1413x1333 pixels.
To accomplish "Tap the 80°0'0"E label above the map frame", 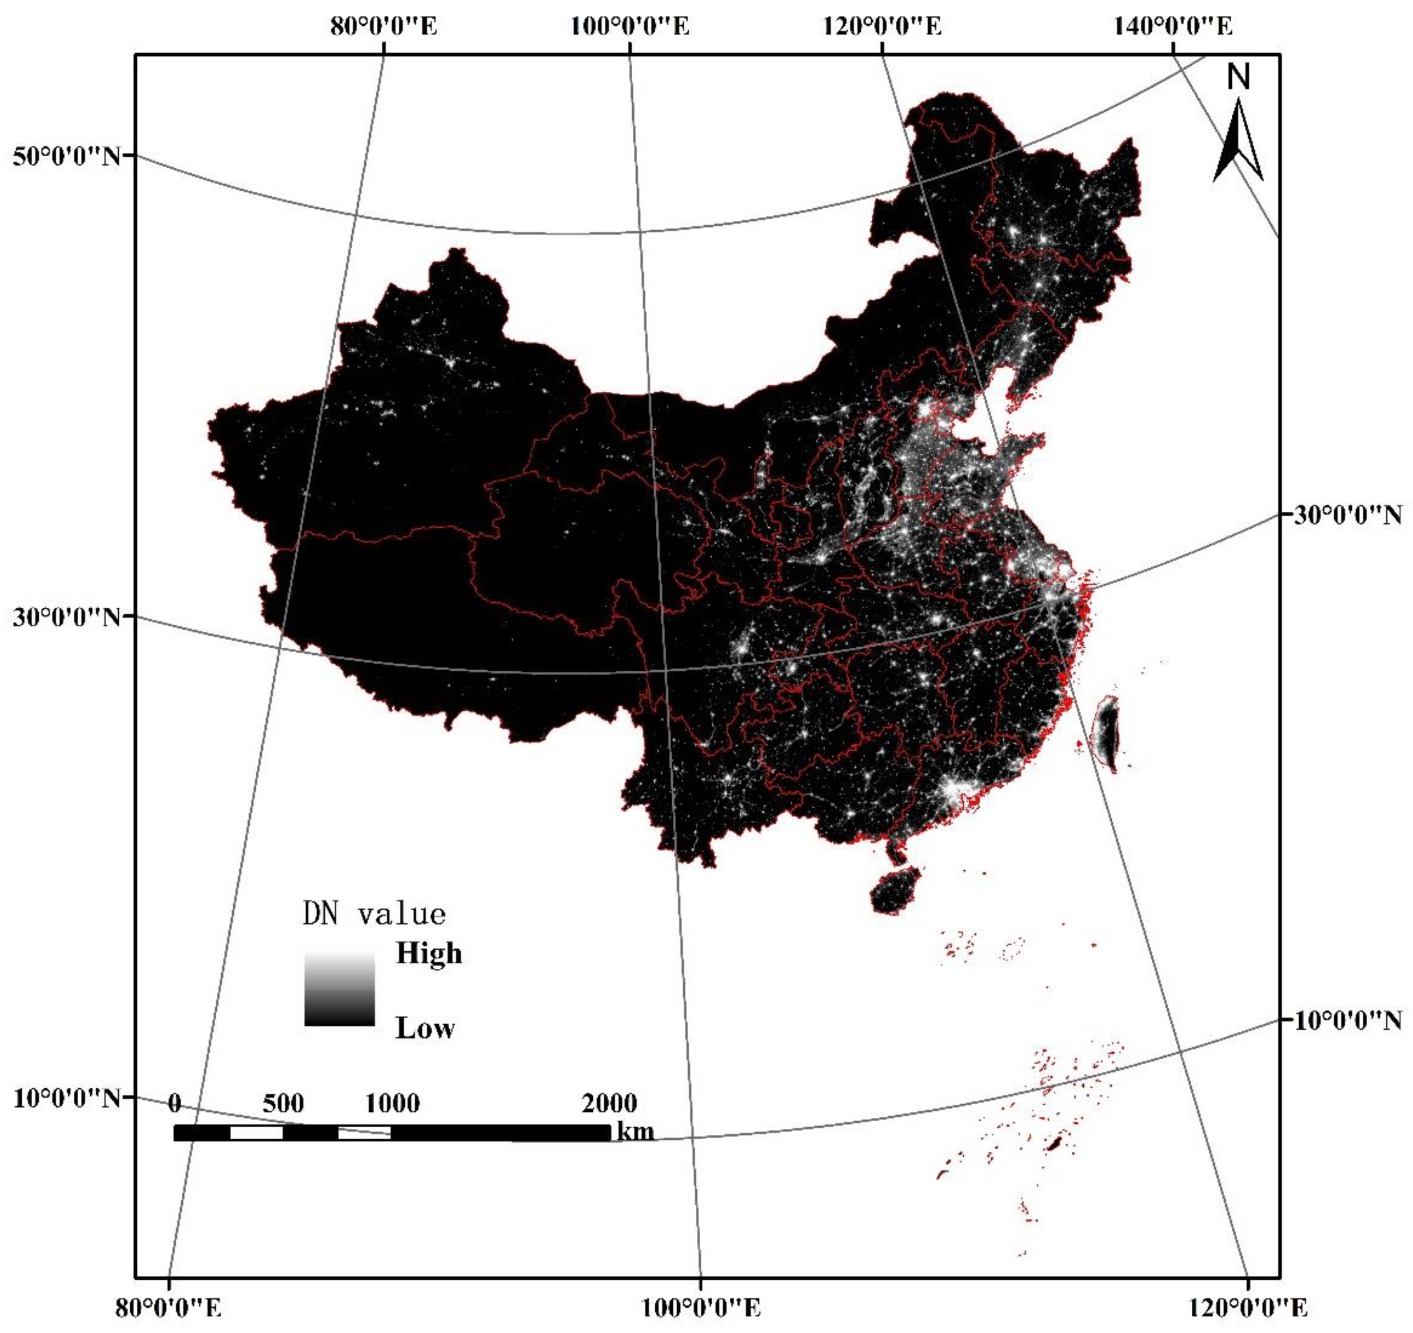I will tap(384, 28).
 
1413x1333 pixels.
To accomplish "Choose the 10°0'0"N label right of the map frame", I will tap(1347, 1021).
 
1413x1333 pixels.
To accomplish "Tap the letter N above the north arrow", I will tap(1239, 77).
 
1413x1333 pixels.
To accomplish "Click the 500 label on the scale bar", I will tap(283, 1103).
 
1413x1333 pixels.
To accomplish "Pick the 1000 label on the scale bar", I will tap(392, 1103).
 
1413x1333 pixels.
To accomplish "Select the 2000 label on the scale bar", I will tap(609, 1103).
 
